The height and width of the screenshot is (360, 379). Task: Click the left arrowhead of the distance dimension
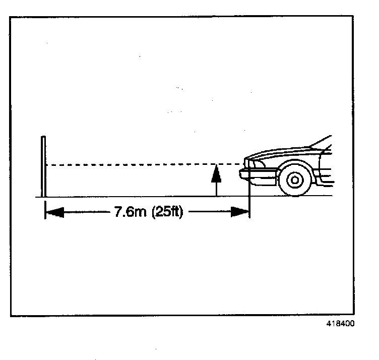click(54, 212)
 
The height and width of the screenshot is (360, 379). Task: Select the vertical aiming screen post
click(44, 166)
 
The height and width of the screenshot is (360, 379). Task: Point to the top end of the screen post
click(44, 137)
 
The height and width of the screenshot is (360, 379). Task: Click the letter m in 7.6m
click(139, 212)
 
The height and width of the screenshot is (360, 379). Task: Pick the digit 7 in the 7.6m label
click(118, 212)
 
